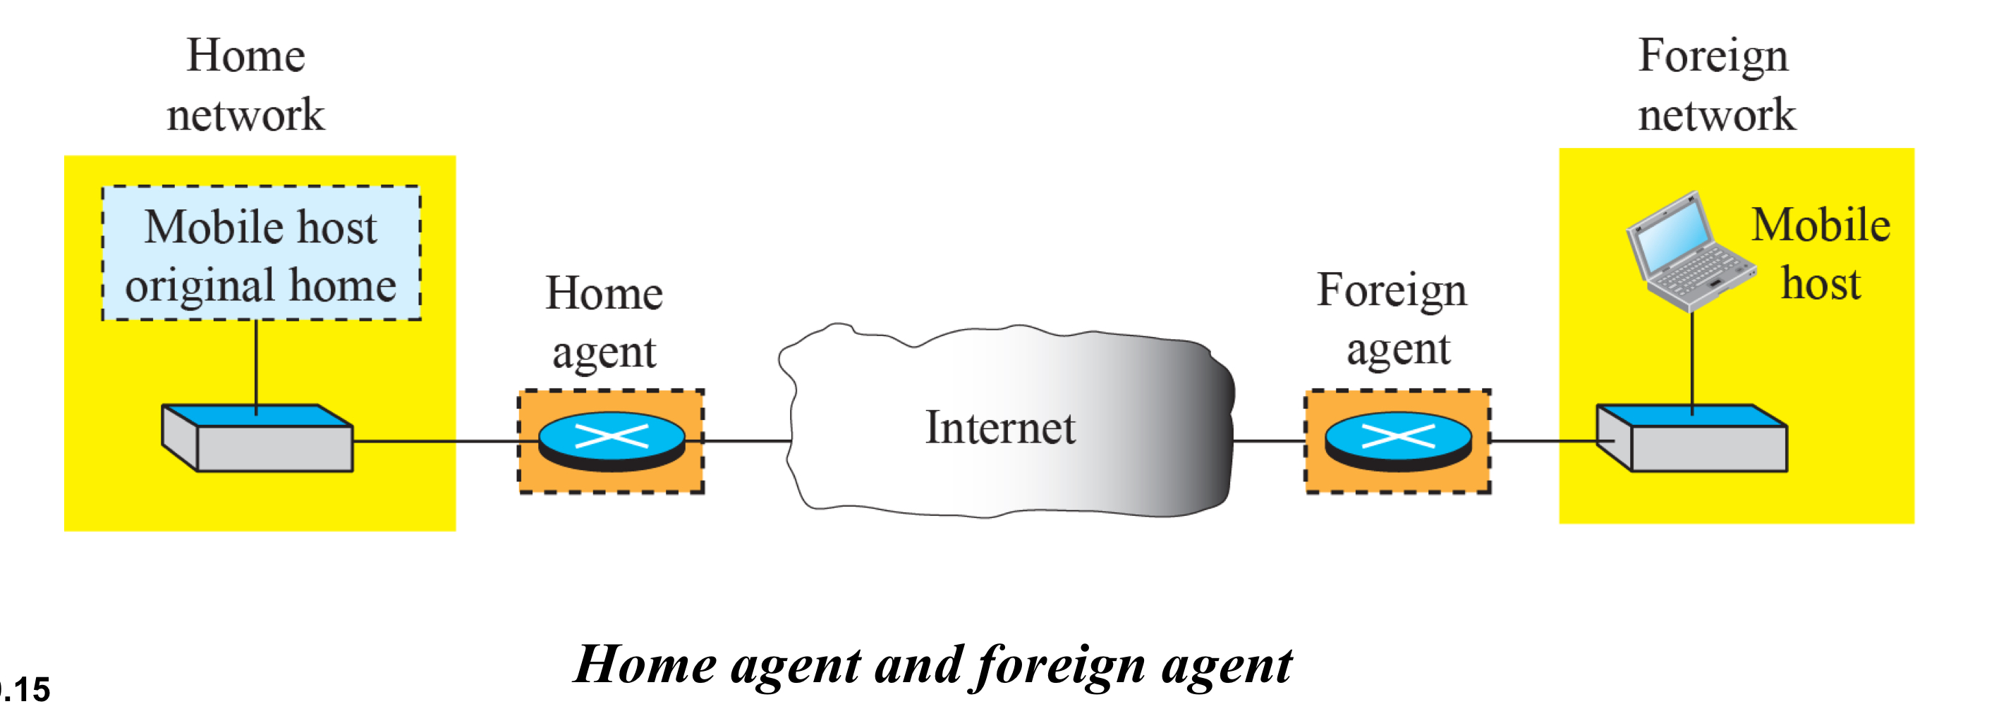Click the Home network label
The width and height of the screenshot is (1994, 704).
point(246,85)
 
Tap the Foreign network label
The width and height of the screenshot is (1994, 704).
point(1715,85)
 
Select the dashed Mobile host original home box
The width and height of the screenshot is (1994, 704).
point(261,253)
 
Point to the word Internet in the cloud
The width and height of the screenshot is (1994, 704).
point(1000,428)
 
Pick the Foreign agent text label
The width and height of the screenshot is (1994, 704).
point(1392,319)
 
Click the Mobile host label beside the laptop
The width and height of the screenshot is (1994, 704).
point(1820,254)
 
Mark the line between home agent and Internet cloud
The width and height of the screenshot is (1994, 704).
point(746,441)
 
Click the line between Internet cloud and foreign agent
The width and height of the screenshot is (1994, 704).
point(1269,441)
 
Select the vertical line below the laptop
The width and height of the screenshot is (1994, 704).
point(1692,359)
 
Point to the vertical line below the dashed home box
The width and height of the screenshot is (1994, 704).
point(256,362)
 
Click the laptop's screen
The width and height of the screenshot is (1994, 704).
point(1675,232)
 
